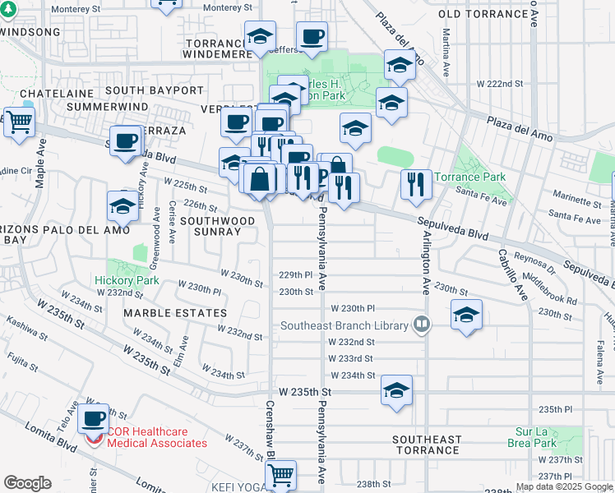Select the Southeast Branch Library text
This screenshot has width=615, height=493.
(x=344, y=325)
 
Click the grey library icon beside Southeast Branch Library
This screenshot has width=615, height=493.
(x=422, y=324)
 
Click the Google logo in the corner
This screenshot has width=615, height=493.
(x=27, y=483)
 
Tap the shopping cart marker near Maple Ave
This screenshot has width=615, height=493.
(x=19, y=122)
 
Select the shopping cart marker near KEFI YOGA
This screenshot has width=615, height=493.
(x=281, y=473)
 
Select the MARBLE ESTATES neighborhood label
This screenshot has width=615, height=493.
(x=175, y=313)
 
